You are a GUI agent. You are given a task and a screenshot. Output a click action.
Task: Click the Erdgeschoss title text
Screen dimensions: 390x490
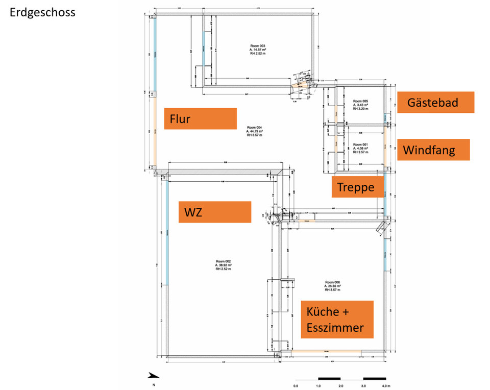[42, 12]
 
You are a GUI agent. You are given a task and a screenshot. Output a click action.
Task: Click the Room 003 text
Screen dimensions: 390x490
[257, 46]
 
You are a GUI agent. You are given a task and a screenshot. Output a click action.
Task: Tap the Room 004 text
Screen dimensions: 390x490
[255, 128]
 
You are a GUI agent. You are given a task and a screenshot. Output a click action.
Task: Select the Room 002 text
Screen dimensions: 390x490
[224, 262]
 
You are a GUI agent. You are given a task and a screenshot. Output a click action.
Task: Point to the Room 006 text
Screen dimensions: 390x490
[332, 282]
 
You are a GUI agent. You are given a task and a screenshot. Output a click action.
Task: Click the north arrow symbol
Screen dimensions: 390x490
[153, 376]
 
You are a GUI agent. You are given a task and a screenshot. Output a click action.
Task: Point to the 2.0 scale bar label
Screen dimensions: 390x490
[341, 385]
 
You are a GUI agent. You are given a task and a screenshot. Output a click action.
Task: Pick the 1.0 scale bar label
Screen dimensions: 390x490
[318, 385]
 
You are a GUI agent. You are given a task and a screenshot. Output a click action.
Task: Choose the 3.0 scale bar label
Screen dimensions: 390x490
[363, 385]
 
